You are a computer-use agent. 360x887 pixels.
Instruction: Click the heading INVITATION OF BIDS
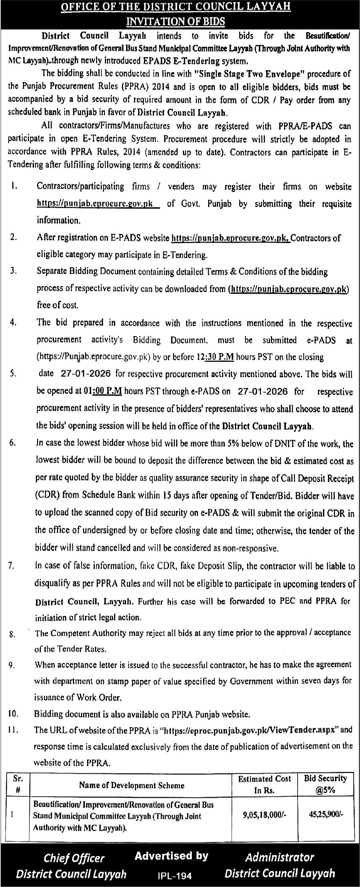coord(175,21)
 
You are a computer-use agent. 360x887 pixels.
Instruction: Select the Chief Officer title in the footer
coord(74,858)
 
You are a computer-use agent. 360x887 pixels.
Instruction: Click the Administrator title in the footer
coord(280,857)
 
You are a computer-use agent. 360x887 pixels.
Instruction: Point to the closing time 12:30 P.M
coord(215,357)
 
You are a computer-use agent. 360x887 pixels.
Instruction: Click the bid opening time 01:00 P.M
coord(103,391)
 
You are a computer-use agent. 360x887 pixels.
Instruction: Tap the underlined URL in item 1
coord(95,204)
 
